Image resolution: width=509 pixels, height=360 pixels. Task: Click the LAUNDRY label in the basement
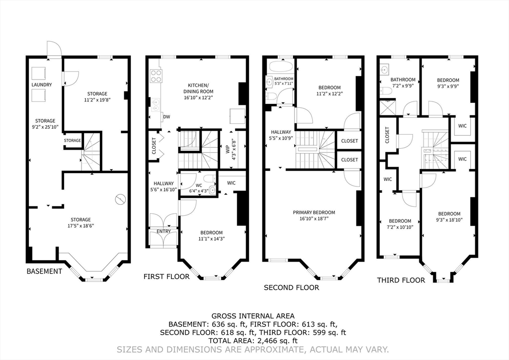pos(42,85)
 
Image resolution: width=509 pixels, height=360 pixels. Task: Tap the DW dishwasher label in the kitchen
pos(167,117)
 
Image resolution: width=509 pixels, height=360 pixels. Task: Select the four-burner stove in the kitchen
pos(156,76)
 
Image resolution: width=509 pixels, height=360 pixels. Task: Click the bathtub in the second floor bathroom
pos(281,66)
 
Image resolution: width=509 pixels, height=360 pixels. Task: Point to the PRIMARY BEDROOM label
pos(314,213)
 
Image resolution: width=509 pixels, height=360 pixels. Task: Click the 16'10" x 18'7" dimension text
pos(314,219)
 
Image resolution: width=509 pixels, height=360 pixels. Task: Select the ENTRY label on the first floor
pos(164,231)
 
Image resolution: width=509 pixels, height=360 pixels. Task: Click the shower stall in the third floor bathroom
pos(388,107)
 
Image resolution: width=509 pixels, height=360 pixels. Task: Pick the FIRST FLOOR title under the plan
pos(167,276)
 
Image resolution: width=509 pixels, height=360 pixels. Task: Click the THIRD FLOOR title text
pos(401,280)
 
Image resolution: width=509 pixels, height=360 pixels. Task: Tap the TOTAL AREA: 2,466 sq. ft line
pos(253,341)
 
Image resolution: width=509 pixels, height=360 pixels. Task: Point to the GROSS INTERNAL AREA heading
pos(253,316)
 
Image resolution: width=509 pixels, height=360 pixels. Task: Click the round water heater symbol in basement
pos(121,199)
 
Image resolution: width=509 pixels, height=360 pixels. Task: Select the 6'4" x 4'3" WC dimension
pos(199,191)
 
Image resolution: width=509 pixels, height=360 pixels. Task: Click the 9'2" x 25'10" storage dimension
pos(45,127)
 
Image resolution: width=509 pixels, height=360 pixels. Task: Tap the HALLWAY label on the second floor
pos(281,132)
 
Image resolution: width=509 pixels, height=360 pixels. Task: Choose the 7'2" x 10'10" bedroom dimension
pos(400,227)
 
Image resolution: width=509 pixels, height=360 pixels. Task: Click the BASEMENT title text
pos(44,271)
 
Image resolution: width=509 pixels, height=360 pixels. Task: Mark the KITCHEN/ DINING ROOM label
pos(198,89)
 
